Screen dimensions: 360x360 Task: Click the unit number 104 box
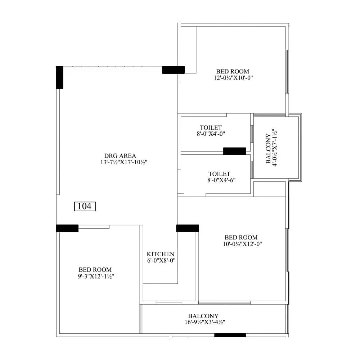coord(85,206)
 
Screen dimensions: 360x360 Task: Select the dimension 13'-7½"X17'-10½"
coord(124,162)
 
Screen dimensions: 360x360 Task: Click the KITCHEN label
coord(161,254)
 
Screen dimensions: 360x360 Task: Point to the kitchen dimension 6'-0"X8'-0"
coord(161,261)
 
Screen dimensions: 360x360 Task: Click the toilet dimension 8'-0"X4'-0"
coord(211,134)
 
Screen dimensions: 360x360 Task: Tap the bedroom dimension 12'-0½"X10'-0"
coord(232,78)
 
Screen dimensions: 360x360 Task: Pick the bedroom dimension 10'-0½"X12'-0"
coord(241,244)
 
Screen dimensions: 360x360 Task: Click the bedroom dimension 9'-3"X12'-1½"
coord(95,276)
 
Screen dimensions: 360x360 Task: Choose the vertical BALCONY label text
coord(269,149)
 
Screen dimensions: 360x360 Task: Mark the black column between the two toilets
coord(234,151)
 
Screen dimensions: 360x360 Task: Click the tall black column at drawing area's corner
coord(60,77)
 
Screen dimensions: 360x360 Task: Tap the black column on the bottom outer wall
coord(230,335)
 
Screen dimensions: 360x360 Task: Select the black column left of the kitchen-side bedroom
coord(188,228)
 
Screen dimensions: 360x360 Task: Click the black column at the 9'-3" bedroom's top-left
coord(67,228)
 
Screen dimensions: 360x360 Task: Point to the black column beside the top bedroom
coord(173,70)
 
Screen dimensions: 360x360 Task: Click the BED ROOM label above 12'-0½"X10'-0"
coord(232,72)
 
